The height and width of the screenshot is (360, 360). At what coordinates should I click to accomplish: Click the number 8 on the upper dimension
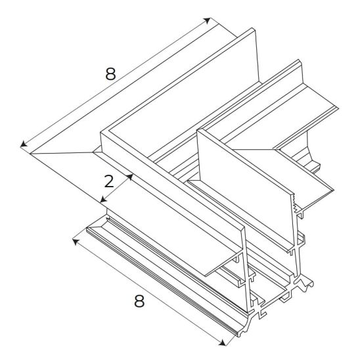click(x=110, y=74)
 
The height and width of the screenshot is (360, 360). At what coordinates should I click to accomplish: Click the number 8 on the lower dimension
click(x=139, y=302)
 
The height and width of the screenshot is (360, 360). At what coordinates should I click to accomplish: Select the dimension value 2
click(x=109, y=181)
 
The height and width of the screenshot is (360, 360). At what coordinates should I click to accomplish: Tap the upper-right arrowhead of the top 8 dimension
click(x=208, y=20)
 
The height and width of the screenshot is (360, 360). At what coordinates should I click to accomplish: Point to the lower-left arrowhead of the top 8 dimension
click(x=23, y=145)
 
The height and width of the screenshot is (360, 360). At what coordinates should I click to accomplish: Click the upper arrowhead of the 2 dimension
click(x=130, y=177)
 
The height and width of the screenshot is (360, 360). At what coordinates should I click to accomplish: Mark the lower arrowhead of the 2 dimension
click(x=103, y=199)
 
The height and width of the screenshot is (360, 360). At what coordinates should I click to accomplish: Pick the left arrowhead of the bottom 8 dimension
click(x=76, y=242)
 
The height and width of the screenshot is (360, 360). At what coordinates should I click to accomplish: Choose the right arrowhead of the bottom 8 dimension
click(x=222, y=343)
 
